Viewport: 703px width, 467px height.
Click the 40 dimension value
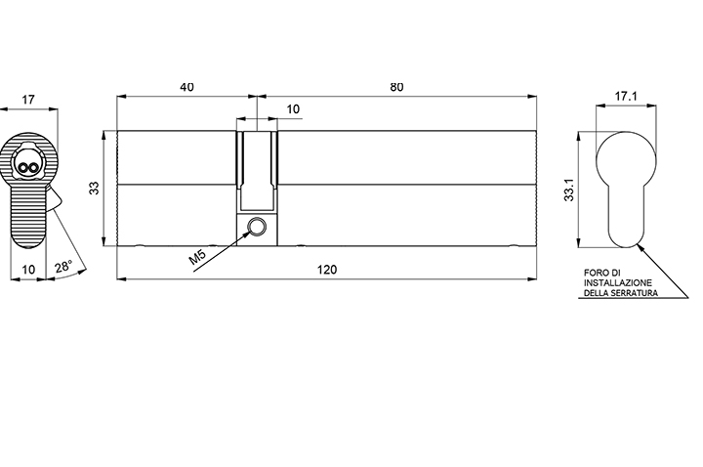186,87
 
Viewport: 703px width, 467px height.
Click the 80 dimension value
396,87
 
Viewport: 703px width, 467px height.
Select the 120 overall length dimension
327,270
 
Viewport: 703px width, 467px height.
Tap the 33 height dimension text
94,188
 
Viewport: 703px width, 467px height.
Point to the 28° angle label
63,267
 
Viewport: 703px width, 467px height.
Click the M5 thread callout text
197,257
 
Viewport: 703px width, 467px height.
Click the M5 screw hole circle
258,227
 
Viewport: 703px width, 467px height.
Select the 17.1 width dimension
626,96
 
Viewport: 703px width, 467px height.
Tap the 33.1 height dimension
568,190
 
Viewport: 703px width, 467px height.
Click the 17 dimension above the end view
27,99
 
